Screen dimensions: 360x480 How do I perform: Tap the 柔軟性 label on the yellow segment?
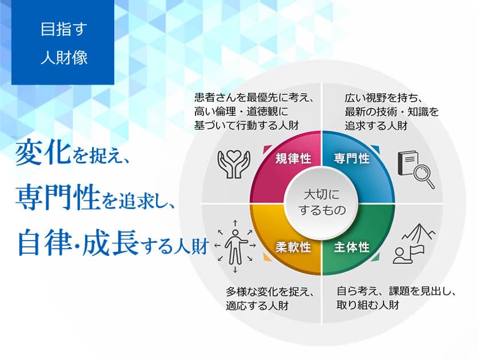click(293, 247)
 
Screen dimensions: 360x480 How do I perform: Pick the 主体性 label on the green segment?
click(351, 247)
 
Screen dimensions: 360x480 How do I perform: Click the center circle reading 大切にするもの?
click(322, 202)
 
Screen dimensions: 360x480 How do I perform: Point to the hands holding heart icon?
click(234, 163)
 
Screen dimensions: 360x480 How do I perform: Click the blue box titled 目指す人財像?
click(63, 43)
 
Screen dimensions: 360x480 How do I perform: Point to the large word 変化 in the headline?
click(42, 154)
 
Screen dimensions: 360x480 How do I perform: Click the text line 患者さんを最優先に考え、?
click(255, 97)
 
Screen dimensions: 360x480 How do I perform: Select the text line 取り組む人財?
click(367, 305)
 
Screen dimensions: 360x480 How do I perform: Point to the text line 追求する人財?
click(375, 125)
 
